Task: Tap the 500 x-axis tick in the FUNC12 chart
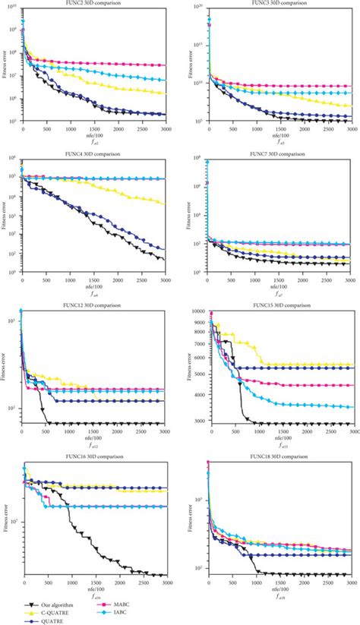tap(46, 431)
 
